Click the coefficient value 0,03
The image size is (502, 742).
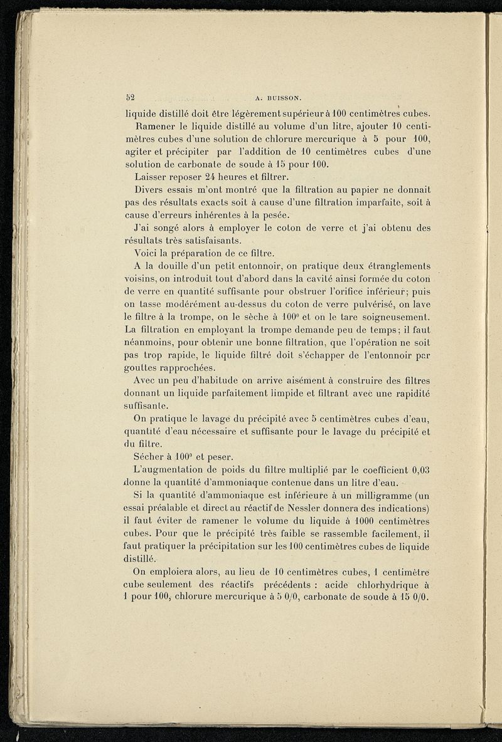coord(418,469)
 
